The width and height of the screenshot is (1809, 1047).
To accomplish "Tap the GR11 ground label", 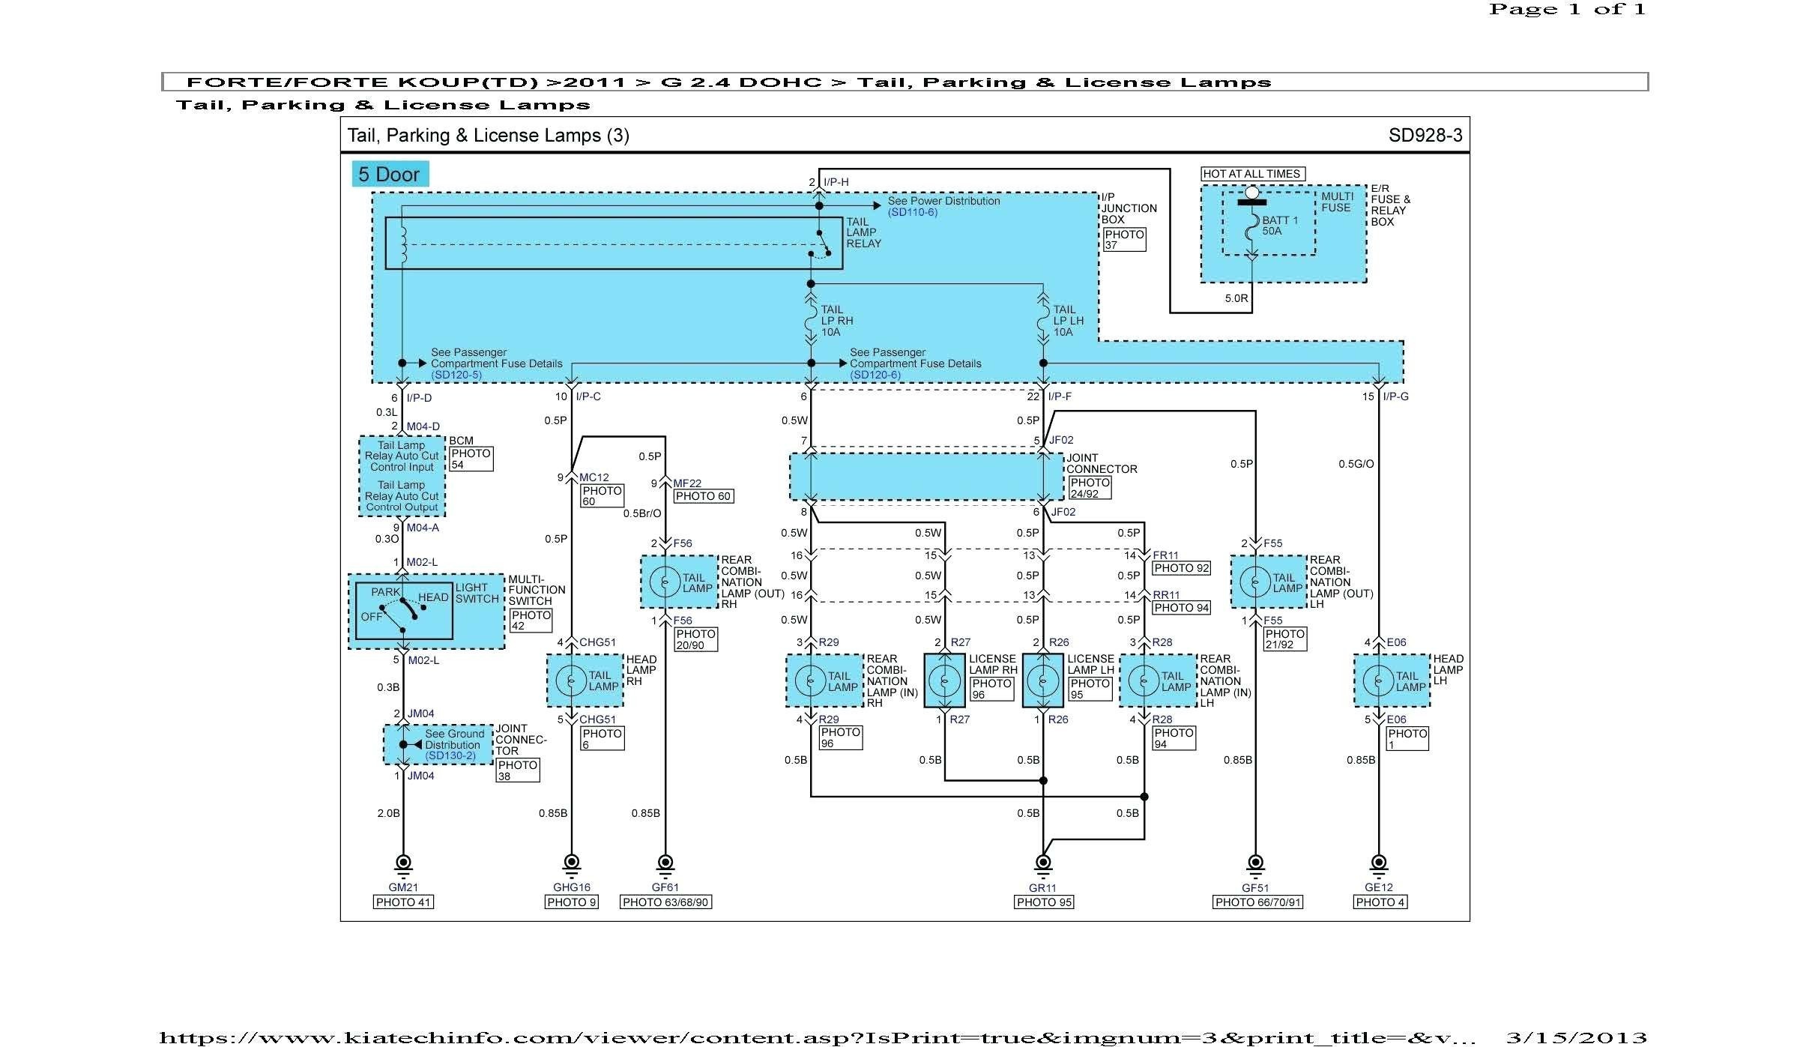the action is [1042, 888].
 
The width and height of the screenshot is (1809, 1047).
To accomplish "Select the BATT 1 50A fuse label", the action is [1280, 226].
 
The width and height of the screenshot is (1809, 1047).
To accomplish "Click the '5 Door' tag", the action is [390, 175].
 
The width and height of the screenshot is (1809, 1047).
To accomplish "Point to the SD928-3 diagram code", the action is [1425, 135].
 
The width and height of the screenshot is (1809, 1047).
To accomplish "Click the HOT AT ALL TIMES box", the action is [1252, 174].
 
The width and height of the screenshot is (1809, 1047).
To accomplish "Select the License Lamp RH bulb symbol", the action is [944, 681].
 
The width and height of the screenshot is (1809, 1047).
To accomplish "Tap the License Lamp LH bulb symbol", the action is [1042, 681].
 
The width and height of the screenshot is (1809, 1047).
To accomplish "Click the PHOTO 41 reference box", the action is [403, 902].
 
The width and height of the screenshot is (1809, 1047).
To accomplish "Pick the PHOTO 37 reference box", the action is [1124, 240].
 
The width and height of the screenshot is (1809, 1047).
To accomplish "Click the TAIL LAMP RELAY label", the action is [863, 232].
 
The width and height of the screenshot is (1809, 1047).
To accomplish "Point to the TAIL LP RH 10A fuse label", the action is [837, 321].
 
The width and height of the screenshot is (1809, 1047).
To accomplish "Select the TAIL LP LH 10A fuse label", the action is [1069, 321].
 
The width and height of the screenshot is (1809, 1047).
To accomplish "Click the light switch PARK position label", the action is [386, 592].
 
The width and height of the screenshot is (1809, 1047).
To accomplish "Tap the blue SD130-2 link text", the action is [450, 756].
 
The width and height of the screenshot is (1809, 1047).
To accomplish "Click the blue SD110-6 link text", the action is [913, 212].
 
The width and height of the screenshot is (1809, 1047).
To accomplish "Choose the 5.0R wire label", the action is [1236, 298].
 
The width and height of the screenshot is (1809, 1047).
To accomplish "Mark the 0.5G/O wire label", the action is [1356, 464].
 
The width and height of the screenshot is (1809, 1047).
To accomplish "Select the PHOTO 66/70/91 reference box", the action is [1258, 902].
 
